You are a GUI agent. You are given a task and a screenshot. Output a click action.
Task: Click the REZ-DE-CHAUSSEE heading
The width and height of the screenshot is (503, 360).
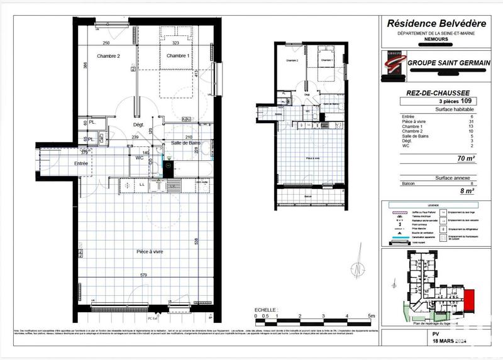tap(438, 92)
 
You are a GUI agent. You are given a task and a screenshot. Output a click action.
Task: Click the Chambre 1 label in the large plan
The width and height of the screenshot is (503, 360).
tap(178, 56)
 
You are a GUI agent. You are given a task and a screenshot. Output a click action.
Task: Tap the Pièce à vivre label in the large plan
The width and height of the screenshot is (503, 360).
tap(150, 251)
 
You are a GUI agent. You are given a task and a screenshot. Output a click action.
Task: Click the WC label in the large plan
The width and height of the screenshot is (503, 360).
tap(140, 158)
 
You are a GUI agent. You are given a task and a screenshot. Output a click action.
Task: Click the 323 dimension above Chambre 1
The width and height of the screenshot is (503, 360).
tap(176, 43)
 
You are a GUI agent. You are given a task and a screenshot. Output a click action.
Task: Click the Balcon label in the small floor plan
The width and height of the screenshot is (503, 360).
tap(307, 196)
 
